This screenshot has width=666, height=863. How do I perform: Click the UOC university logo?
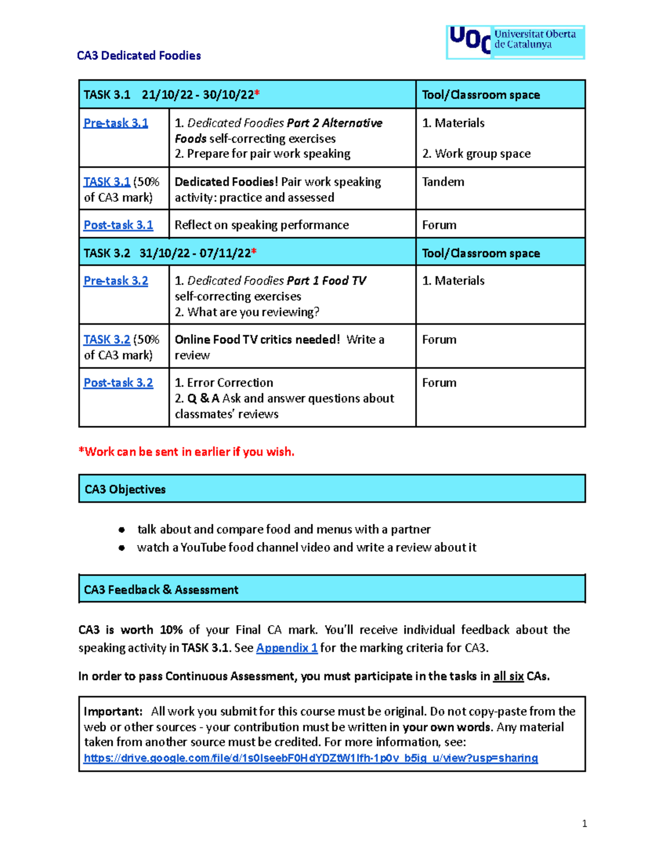[x=515, y=42]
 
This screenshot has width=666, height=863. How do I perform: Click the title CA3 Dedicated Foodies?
[x=139, y=56]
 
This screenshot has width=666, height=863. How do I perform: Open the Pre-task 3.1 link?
[x=115, y=123]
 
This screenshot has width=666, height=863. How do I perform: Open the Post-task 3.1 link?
[x=118, y=225]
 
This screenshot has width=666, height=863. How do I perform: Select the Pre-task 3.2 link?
[x=115, y=281]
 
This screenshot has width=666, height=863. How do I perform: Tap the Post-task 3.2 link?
[x=118, y=383]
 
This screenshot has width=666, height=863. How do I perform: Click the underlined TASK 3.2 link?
[x=107, y=340]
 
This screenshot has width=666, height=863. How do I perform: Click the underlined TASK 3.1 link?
[x=107, y=182]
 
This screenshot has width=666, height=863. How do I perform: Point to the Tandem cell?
[x=443, y=182]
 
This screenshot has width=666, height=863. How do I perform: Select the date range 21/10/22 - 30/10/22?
[x=198, y=95]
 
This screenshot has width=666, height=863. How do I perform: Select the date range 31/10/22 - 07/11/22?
[x=195, y=253]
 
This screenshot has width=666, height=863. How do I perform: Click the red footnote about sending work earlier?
[x=186, y=452]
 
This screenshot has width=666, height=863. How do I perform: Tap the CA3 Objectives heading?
[x=125, y=490]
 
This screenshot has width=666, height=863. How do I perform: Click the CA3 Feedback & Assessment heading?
[x=161, y=590]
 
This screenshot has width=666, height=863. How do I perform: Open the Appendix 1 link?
[x=286, y=648]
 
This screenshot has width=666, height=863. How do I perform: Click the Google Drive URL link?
[x=310, y=758]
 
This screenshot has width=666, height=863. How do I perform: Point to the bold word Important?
[x=113, y=711]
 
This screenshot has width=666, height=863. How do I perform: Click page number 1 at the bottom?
[x=584, y=824]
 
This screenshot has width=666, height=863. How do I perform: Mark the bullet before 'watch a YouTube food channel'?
[x=122, y=548]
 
